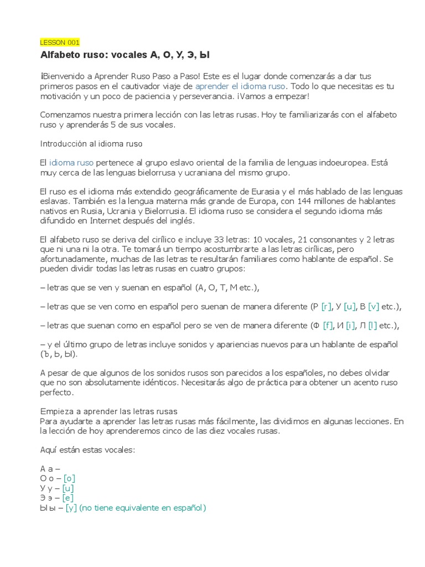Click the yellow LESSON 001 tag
coord(60,42)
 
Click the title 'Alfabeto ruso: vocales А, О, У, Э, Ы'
coord(125,55)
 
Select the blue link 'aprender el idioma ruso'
coord(241,87)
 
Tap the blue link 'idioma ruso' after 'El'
coord(71,163)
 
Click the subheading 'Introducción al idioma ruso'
coord(91,144)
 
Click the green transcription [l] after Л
coord(373,326)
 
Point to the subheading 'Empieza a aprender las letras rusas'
coord(108,411)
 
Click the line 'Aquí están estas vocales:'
coord(87,450)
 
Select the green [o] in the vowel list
coord(69,478)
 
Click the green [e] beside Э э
coord(69,498)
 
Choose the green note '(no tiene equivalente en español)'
coord(142,508)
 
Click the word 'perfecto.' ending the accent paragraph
coord(56,393)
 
